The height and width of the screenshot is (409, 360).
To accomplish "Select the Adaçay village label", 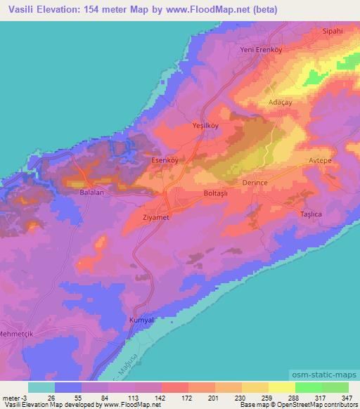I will pos(280,102).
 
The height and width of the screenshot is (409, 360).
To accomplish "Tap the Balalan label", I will pos(92,191).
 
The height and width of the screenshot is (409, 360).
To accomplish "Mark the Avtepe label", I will pos(323,161).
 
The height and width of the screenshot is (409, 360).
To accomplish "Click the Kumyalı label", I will pos(142,320).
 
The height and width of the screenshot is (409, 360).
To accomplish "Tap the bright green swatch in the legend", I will pos(308,388).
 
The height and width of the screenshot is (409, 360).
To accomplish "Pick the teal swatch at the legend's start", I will pos(41,388).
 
